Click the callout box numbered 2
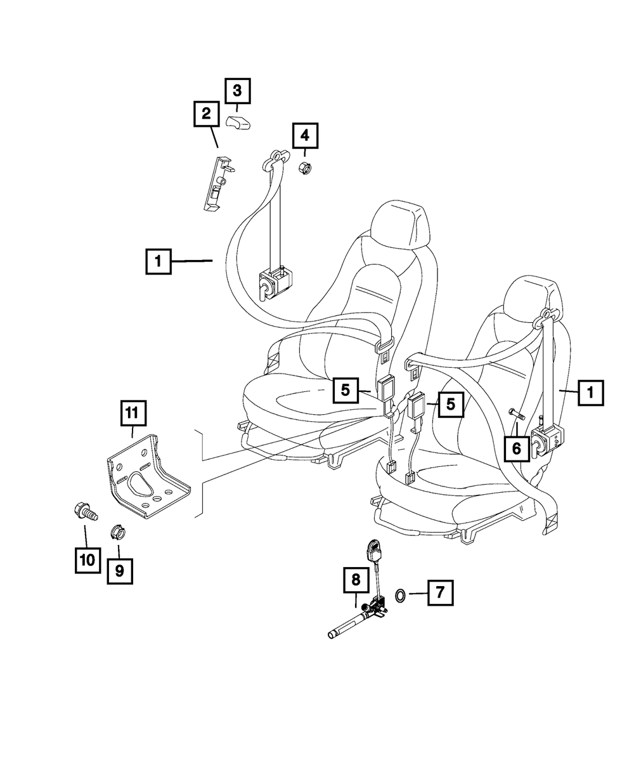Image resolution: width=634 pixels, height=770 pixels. tap(206, 114)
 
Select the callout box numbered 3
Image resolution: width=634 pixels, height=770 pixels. tap(237, 91)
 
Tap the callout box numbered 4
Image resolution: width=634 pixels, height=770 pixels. tap(305, 134)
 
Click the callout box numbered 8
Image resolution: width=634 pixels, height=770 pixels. tap(356, 578)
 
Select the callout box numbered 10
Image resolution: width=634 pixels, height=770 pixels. tap(87, 559)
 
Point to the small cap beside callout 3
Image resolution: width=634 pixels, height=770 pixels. tap(238, 122)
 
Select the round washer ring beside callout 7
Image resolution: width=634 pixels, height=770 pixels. tap(401, 594)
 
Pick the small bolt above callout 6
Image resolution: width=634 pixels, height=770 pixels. tap(516, 414)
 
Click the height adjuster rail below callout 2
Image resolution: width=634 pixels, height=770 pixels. tap(216, 181)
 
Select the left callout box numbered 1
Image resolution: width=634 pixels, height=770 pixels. tap(158, 261)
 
